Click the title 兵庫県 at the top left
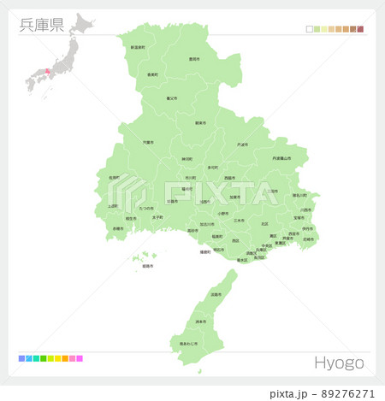(x=41, y=23)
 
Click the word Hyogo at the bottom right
(x=339, y=363)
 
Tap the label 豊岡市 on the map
(x=194, y=60)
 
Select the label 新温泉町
(x=138, y=48)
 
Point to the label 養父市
(x=170, y=98)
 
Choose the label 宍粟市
(x=149, y=143)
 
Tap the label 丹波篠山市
(x=288, y=158)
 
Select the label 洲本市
(x=200, y=321)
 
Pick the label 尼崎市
(x=308, y=239)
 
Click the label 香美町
(x=152, y=75)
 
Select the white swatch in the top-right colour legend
(x=309, y=29)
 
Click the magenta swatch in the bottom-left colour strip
(x=80, y=358)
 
